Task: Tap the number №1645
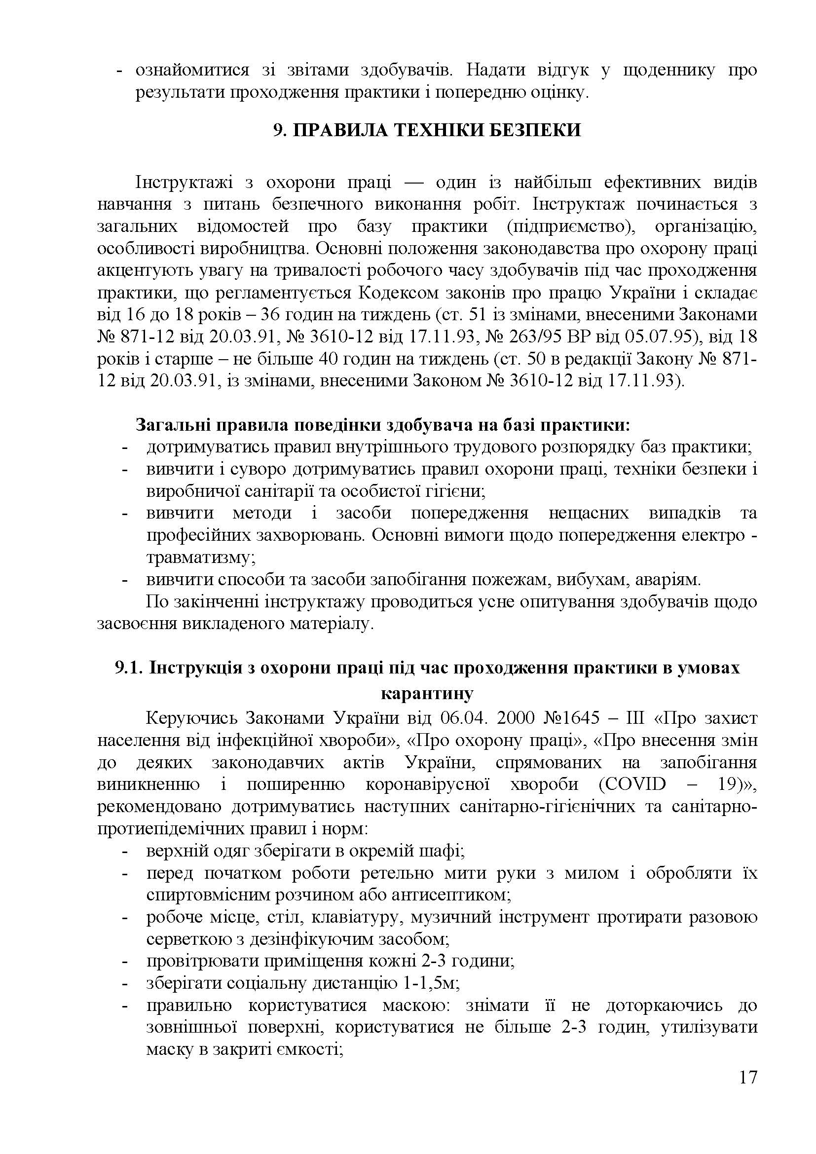(x=571, y=718)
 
